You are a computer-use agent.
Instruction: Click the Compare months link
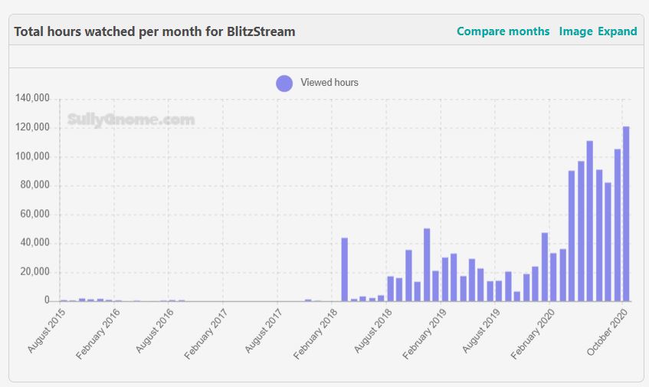point(503,31)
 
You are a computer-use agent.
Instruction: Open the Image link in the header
point(575,31)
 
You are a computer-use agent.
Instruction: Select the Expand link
point(618,31)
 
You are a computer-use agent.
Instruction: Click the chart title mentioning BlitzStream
point(155,31)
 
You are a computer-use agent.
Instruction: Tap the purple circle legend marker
point(284,83)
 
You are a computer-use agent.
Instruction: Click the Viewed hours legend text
point(329,83)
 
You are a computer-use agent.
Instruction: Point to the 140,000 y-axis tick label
point(32,98)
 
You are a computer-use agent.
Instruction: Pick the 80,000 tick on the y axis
point(34,185)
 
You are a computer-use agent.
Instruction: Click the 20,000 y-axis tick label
point(34,272)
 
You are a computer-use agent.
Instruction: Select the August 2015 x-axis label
point(46,330)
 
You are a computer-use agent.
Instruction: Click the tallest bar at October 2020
point(626,215)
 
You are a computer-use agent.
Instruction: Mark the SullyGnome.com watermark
point(130,120)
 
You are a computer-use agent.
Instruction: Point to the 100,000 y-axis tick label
point(32,156)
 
